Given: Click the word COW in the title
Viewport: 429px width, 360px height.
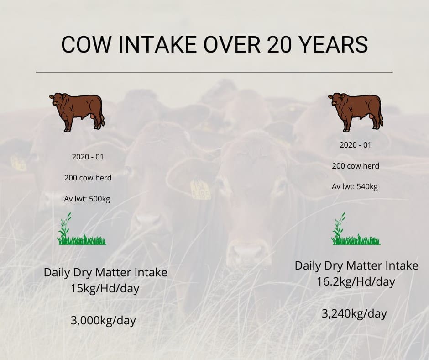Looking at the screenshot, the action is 86,44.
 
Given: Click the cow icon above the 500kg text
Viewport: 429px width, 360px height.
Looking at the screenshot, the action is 77,112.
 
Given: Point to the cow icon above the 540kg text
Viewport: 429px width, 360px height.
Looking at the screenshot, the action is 356,112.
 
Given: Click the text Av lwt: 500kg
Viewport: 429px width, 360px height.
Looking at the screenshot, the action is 87,199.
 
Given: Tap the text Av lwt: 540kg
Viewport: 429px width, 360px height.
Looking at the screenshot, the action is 355,187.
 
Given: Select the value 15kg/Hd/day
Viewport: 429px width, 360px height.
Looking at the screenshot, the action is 105,289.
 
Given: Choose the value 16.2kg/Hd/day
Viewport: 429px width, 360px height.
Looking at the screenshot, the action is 356,282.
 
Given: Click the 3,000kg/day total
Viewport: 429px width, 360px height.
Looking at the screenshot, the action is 103,321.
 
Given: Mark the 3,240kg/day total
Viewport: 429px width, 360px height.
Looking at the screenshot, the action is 354,314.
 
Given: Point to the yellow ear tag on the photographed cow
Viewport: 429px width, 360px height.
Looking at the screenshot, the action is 201,189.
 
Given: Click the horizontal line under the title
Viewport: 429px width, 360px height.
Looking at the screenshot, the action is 214,72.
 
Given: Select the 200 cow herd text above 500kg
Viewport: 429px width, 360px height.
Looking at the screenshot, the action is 88,178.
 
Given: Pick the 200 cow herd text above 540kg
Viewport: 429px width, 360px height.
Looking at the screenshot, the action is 356,166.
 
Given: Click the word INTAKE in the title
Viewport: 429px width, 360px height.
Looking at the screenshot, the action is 157,44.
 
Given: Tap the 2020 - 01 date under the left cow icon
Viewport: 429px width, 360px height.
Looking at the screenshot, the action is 88,157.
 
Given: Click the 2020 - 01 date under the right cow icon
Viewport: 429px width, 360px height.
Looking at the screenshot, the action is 356,145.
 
